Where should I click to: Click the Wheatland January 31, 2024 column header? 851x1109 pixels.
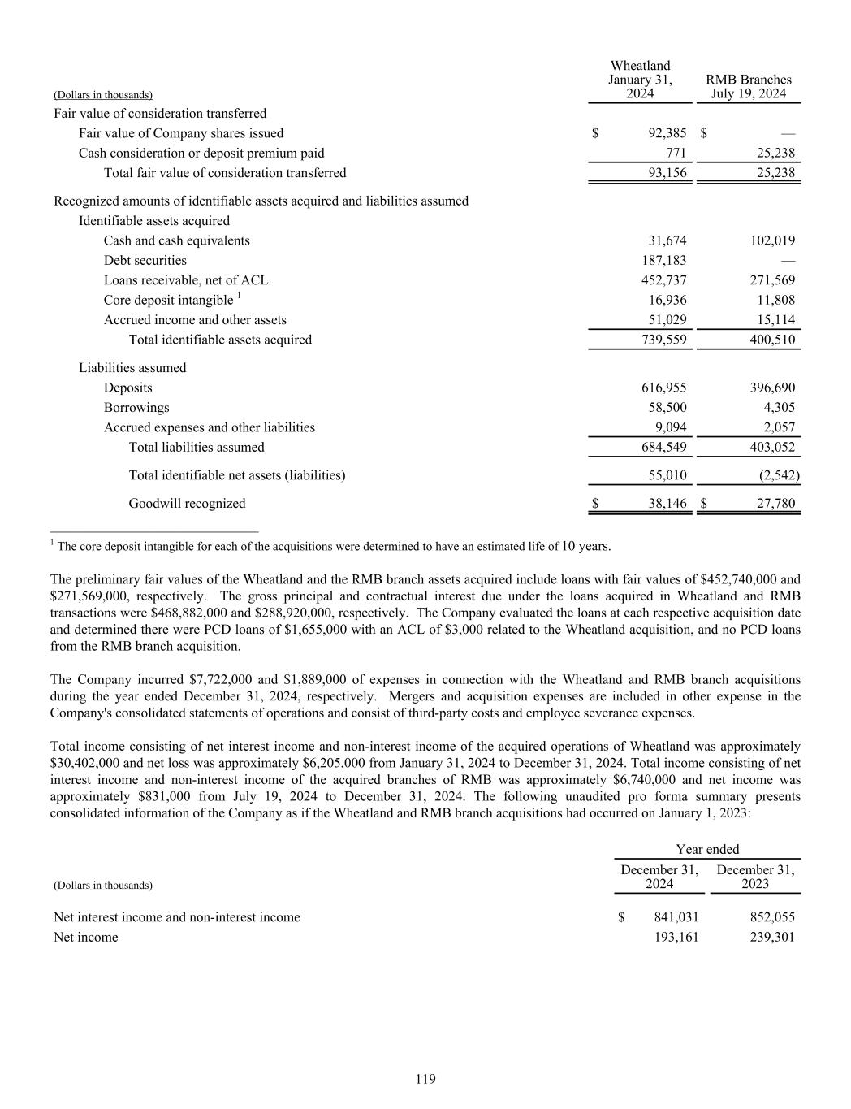640,80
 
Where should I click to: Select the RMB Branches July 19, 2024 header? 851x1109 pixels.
748,86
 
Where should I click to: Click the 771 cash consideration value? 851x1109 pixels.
676,153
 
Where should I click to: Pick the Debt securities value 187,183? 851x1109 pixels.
663,261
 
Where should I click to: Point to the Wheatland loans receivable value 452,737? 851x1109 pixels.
663,280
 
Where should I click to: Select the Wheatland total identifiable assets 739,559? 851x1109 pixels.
663,340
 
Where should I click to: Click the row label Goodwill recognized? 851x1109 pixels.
187,504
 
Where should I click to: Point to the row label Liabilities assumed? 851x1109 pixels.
132,368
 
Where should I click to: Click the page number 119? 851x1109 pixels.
425,1079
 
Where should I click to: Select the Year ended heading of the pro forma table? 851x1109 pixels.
707,849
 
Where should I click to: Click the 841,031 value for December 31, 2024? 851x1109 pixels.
676,917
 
